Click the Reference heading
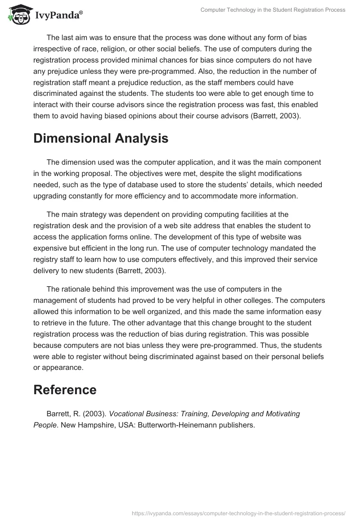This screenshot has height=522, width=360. [65, 390]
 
